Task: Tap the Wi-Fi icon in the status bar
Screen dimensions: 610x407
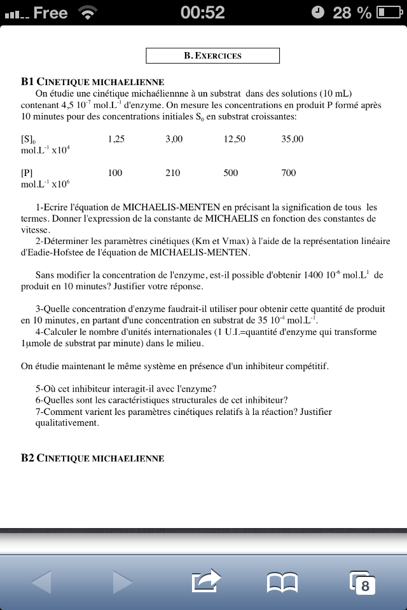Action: pyautogui.click(x=86, y=12)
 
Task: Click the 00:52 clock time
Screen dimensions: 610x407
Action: pyautogui.click(x=203, y=13)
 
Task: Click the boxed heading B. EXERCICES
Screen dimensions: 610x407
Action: pyautogui.click(x=212, y=56)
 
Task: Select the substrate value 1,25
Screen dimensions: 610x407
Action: pyautogui.click(x=116, y=139)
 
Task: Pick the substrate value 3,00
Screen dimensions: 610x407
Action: pyautogui.click(x=174, y=139)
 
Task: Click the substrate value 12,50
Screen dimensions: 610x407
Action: pyautogui.click(x=234, y=139)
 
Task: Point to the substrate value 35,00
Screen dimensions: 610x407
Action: pyautogui.click(x=292, y=139)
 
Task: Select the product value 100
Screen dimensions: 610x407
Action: pyautogui.click(x=115, y=173)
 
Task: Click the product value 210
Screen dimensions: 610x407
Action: pyautogui.click(x=172, y=173)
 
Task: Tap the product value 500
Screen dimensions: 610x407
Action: pyautogui.click(x=231, y=173)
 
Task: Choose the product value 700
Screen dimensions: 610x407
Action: pyautogui.click(x=289, y=173)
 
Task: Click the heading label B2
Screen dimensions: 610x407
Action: pyautogui.click(x=27, y=458)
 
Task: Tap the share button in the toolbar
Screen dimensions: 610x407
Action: pyautogui.click(x=205, y=580)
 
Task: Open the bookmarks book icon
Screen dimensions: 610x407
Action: pyautogui.click(x=282, y=581)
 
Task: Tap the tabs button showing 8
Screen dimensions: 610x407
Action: pyautogui.click(x=362, y=581)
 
